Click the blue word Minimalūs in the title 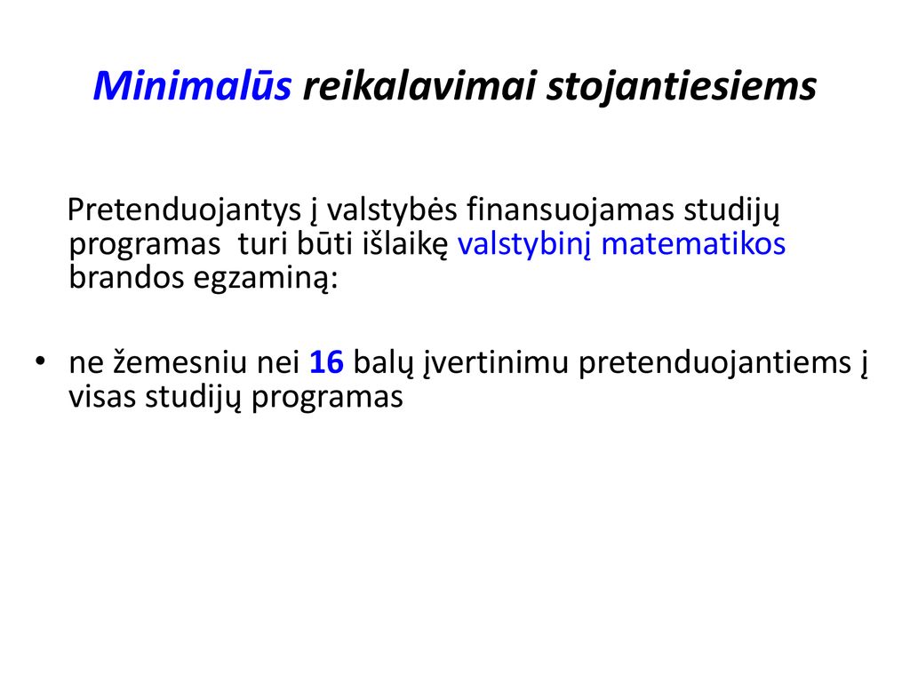pos(192,85)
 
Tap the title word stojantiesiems pos(682,87)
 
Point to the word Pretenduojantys pos(184,210)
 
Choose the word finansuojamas pos(570,210)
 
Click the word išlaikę pos(405,245)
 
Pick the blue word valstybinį pos(524,245)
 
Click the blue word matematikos pos(693,243)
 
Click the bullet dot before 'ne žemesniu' pos(40,361)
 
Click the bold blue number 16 pos(326,362)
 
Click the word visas pos(102,398)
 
